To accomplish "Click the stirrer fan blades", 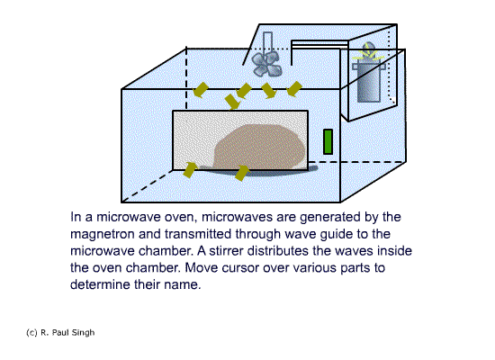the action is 266,64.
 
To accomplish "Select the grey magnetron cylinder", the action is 369,83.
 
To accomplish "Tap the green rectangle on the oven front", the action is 328,142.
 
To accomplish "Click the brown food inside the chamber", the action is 260,147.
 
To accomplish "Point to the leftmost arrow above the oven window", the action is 201,90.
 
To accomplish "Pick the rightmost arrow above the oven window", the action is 294,89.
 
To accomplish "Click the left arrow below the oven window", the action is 190,169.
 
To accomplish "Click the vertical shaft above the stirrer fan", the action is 267,42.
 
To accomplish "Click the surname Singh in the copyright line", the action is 83,332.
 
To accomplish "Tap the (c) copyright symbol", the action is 31,332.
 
